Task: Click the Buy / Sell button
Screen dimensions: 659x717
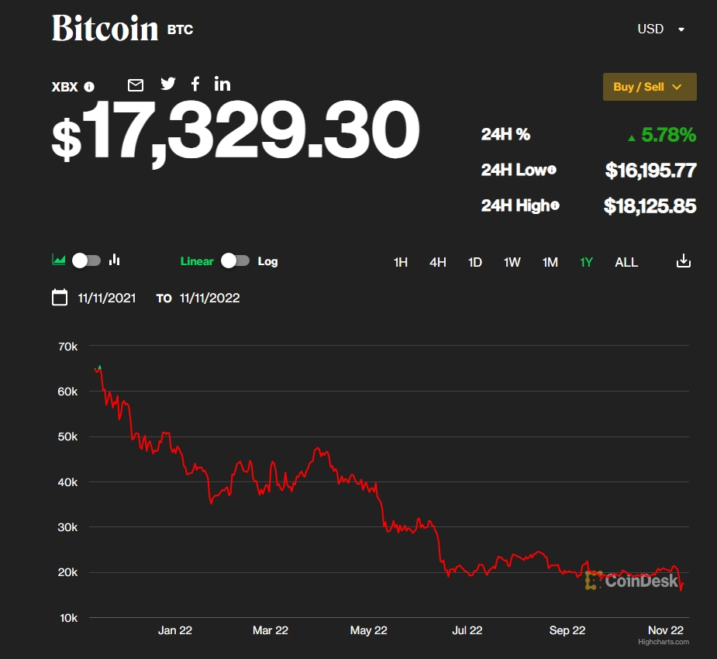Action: [x=649, y=87]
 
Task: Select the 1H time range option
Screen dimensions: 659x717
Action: [x=400, y=262]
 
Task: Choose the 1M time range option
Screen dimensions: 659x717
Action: [x=550, y=262]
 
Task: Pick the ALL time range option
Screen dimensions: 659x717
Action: [x=626, y=262]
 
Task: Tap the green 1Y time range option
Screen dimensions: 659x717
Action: [x=587, y=262]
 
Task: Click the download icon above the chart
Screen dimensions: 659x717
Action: [x=683, y=261]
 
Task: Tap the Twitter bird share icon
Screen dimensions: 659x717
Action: [x=168, y=85]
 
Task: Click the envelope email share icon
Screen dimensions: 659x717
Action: [x=136, y=85]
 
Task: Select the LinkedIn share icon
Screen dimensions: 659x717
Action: [x=222, y=84]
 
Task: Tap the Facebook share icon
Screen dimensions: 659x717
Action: [x=195, y=84]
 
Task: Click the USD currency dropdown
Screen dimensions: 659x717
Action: [x=660, y=29]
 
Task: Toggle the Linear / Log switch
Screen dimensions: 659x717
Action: [x=235, y=261]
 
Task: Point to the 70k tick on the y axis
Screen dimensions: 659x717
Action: [x=68, y=346]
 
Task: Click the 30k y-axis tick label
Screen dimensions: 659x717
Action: [x=68, y=527]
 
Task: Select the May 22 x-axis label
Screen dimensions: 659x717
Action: [x=368, y=630]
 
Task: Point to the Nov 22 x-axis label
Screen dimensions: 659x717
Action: [x=666, y=630]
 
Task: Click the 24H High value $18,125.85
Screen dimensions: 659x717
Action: [x=650, y=206]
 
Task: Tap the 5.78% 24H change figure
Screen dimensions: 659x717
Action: [x=668, y=135]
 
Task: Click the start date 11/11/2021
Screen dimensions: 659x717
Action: [x=107, y=298]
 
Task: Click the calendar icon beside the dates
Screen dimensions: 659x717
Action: [x=60, y=298]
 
